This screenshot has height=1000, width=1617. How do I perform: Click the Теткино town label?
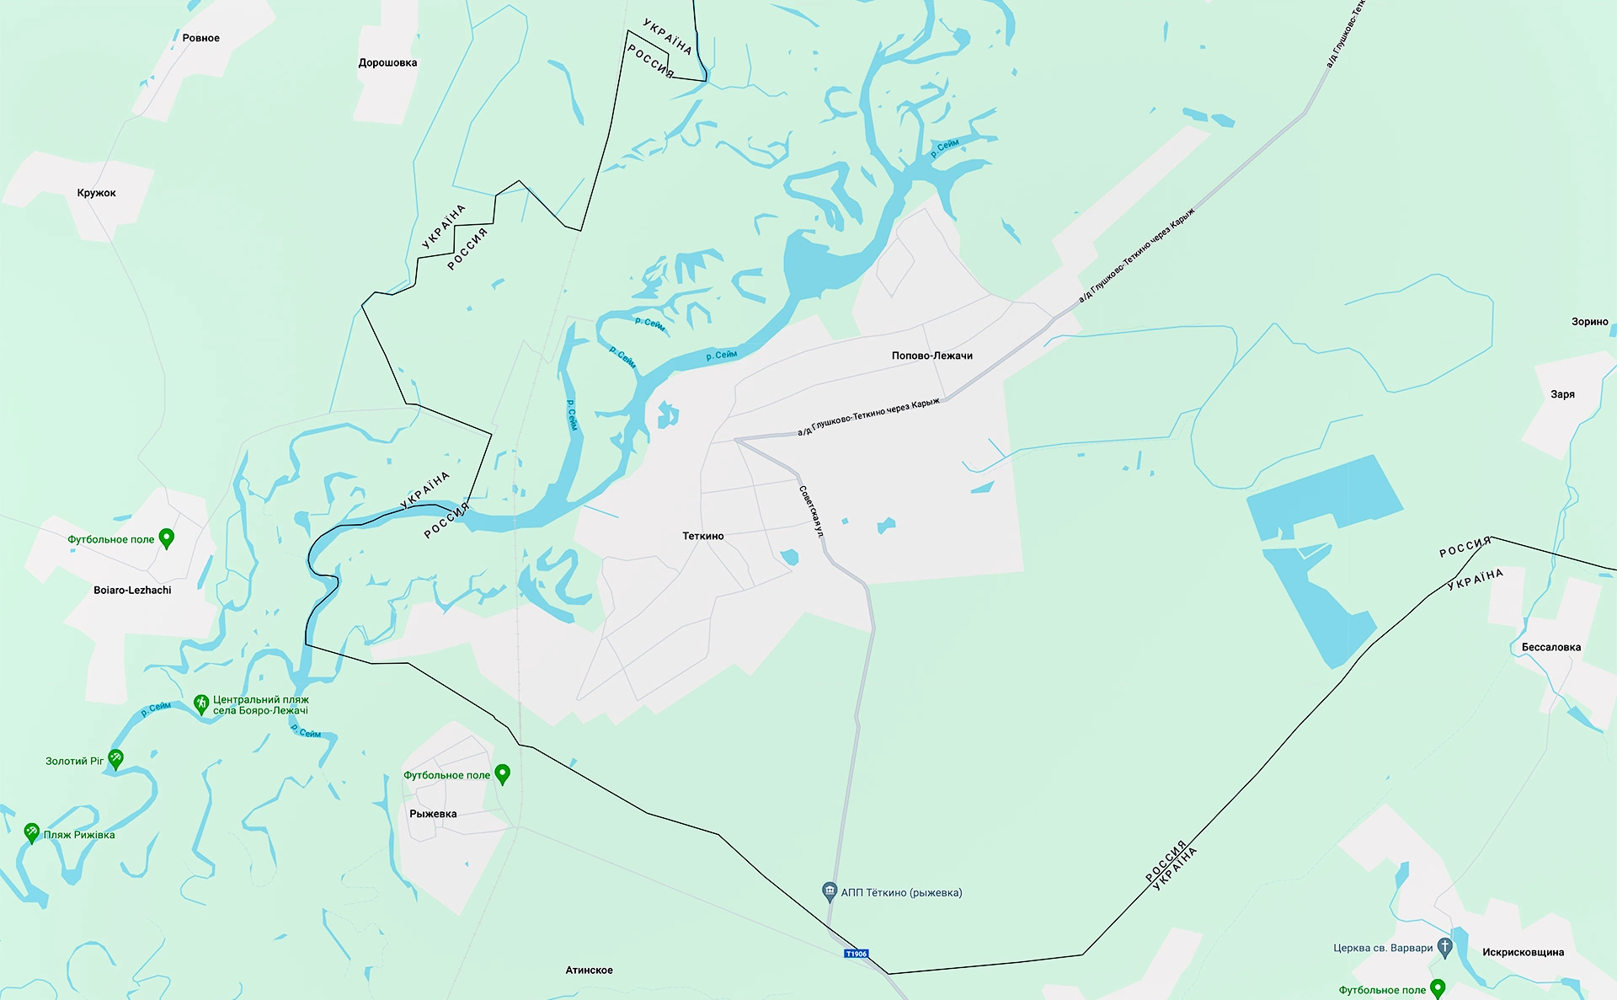coord(703,536)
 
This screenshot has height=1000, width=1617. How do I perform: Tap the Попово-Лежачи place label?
coord(931,356)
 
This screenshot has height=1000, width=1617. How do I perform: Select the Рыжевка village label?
coord(433,814)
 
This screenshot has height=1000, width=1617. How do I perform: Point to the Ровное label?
coord(200,38)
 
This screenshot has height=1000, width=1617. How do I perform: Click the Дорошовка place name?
coord(387,63)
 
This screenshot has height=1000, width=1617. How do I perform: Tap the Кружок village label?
coord(97,193)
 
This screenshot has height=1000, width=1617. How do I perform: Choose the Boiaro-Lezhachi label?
coord(132,591)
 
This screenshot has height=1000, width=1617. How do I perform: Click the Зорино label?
coord(1589,322)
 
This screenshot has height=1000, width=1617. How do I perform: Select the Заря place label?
coord(1562,394)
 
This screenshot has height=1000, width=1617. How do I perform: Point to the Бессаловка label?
coord(1550,648)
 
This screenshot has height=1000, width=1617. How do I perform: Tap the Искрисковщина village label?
coord(1523,953)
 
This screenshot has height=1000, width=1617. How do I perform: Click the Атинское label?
coord(589,971)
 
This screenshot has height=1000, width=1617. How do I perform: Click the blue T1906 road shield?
coord(856,954)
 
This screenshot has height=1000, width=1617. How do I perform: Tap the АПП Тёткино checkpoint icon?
coord(830,891)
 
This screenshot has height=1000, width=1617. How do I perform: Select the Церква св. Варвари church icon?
coord(1445,947)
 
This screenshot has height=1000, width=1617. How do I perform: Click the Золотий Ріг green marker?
coord(115,759)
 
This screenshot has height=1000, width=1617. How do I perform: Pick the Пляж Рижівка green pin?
coord(32,832)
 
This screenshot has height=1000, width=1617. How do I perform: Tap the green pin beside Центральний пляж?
coord(201,703)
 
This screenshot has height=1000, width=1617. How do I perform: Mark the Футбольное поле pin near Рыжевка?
coord(503,773)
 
